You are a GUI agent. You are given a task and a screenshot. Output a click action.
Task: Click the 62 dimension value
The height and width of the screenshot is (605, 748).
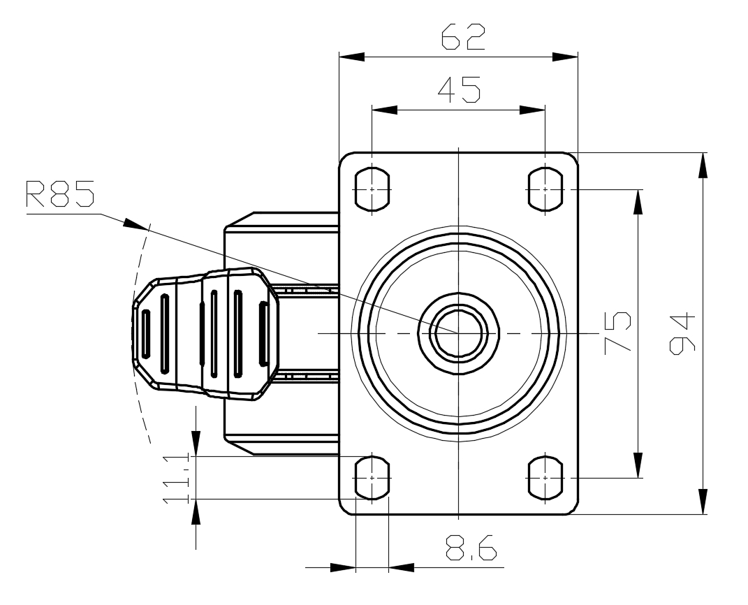pos(462,37)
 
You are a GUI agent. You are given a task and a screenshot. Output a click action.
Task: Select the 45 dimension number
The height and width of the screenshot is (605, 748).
pos(459,89)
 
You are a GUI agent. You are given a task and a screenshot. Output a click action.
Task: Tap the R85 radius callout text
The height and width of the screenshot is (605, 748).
pos(59,194)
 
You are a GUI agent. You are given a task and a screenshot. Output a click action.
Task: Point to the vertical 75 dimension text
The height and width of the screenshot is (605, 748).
pos(618,333)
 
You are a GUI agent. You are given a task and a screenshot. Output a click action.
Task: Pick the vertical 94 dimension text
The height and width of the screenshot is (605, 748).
pos(682,334)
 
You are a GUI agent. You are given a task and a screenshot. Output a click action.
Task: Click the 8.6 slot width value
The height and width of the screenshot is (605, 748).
pos(471,548)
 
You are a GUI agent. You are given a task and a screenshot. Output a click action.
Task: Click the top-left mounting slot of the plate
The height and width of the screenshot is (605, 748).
pos(372,189)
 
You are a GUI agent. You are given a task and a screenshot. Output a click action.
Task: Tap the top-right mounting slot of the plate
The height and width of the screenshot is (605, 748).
pos(545,189)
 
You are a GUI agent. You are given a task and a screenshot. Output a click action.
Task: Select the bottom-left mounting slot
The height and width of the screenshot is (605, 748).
pos(372,478)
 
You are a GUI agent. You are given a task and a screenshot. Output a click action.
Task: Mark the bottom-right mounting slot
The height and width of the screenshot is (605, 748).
pos(545,478)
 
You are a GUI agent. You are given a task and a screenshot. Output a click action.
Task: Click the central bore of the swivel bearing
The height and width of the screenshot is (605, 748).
pos(458,333)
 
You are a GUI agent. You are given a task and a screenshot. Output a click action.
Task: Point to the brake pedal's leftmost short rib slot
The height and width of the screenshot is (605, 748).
pos(146,333)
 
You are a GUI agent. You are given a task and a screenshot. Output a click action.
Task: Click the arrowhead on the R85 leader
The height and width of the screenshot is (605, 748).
pos(135,224)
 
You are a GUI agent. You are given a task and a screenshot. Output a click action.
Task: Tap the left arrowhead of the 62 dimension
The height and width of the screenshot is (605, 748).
pos(351,57)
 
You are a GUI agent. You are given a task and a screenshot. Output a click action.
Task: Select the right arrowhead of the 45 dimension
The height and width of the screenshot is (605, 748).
pos(532,110)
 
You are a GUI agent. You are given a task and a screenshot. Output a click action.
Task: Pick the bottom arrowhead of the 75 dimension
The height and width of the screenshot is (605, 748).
pos(637,465)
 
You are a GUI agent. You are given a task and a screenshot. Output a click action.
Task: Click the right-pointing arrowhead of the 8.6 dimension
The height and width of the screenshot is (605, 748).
pos(343,568)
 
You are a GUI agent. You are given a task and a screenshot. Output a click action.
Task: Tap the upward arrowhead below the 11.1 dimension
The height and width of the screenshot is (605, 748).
pos(196,512)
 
